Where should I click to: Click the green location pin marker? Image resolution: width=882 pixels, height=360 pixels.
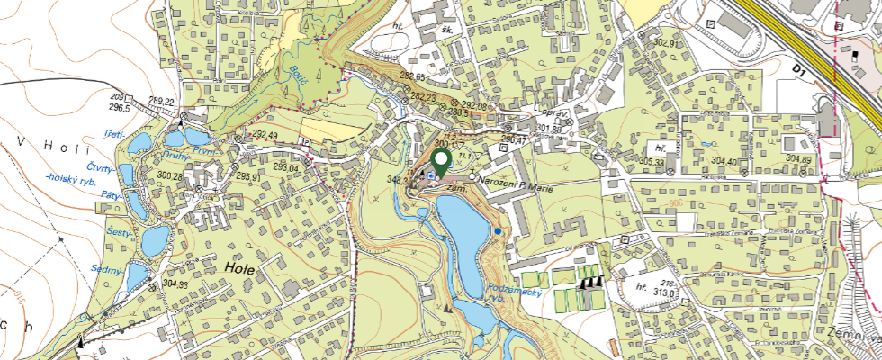click(442, 160)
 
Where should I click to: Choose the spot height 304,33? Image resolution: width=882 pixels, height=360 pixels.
click(177, 285)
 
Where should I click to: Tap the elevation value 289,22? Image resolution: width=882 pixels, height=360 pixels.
click(162, 102)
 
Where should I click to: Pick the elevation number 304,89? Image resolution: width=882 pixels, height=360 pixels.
click(799, 159)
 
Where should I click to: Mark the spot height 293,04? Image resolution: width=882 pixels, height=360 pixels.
click(286, 167)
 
